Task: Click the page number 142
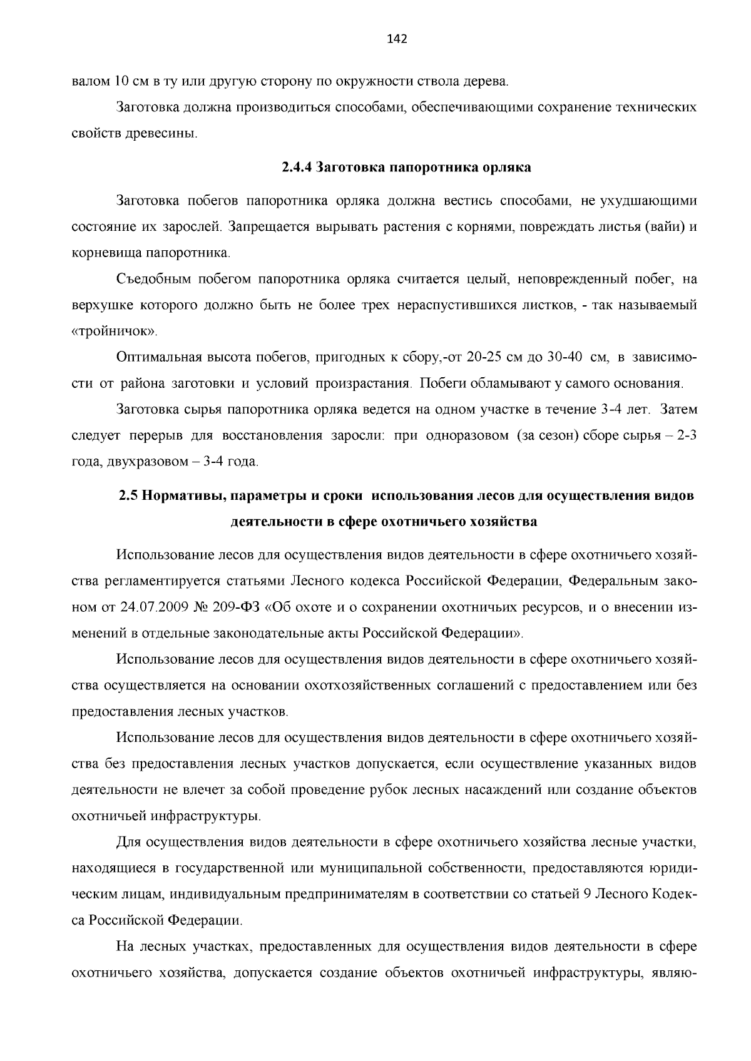(397, 39)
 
